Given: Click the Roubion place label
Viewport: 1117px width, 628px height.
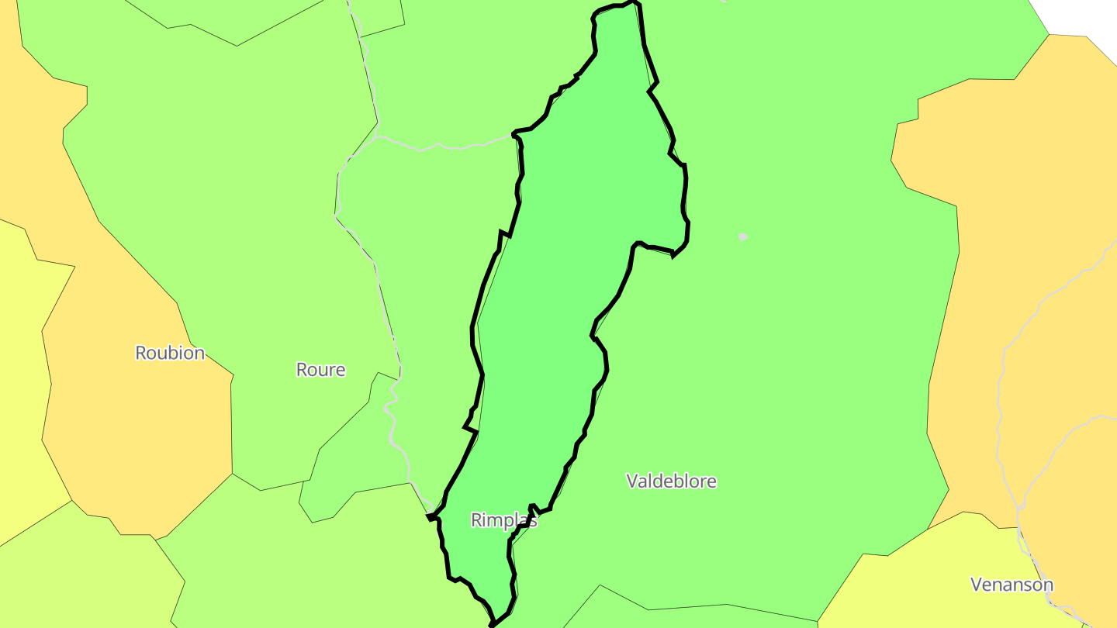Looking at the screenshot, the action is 170,353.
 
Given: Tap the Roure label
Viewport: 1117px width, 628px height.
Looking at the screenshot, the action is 320,370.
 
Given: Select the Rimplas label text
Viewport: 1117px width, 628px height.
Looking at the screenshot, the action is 504,520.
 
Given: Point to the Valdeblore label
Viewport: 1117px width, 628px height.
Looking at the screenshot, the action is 671,481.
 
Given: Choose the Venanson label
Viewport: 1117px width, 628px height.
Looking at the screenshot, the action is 1012,585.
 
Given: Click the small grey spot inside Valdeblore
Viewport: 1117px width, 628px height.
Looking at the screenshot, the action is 742,236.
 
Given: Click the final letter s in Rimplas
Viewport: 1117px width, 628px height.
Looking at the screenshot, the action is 534,520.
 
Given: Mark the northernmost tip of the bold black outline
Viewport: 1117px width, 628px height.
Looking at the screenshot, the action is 632,2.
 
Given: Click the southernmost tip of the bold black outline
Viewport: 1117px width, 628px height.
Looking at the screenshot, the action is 492,625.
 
